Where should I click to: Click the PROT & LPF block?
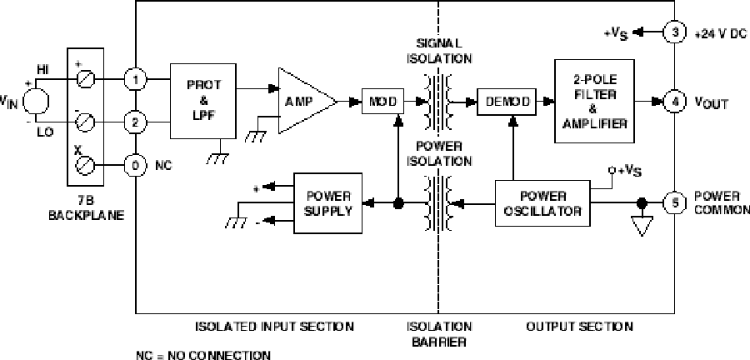204,100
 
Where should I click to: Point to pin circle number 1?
135,80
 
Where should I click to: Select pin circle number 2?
135,123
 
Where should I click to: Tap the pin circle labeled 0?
135,166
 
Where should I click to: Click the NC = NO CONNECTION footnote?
203,355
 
